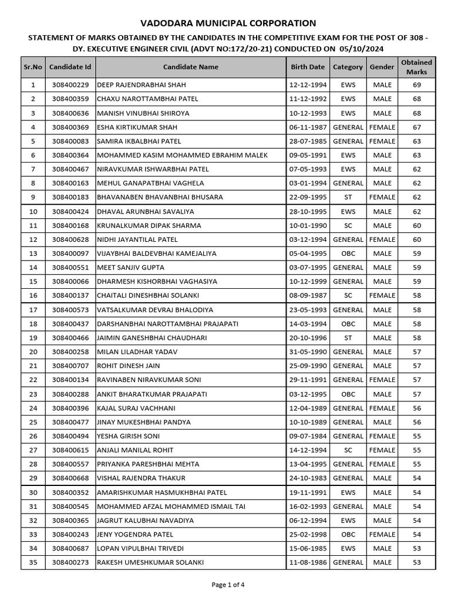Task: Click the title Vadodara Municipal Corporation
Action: tap(228, 23)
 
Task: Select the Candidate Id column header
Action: tap(70, 67)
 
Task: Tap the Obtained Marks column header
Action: tap(416, 67)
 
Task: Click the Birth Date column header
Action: tap(307, 67)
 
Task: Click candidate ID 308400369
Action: tap(70, 127)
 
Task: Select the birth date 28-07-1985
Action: tap(307, 141)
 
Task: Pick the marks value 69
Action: tap(416, 85)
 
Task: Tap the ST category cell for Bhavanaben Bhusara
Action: tap(348, 197)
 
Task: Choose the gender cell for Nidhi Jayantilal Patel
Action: tap(382, 239)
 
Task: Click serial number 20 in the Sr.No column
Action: tap(33, 352)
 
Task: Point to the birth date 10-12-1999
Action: tap(307, 282)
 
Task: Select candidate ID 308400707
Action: tap(70, 366)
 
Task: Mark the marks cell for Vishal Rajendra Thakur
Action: tap(416, 478)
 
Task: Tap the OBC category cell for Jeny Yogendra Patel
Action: tap(348, 535)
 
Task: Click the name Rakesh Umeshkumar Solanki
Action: tap(150, 562)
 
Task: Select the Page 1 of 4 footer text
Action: tap(228, 585)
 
